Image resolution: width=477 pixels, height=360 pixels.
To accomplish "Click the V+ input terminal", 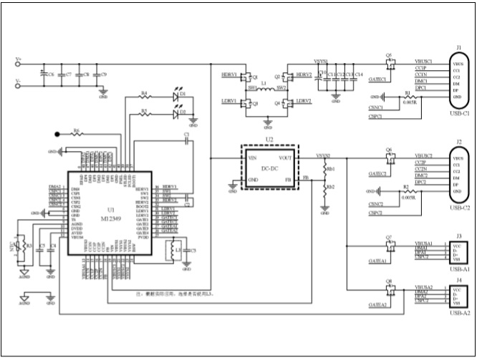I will point(17,63).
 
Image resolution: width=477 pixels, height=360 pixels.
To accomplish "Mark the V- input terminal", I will point(17,83).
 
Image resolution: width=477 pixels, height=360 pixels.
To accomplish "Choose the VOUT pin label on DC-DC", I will point(286,157).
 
